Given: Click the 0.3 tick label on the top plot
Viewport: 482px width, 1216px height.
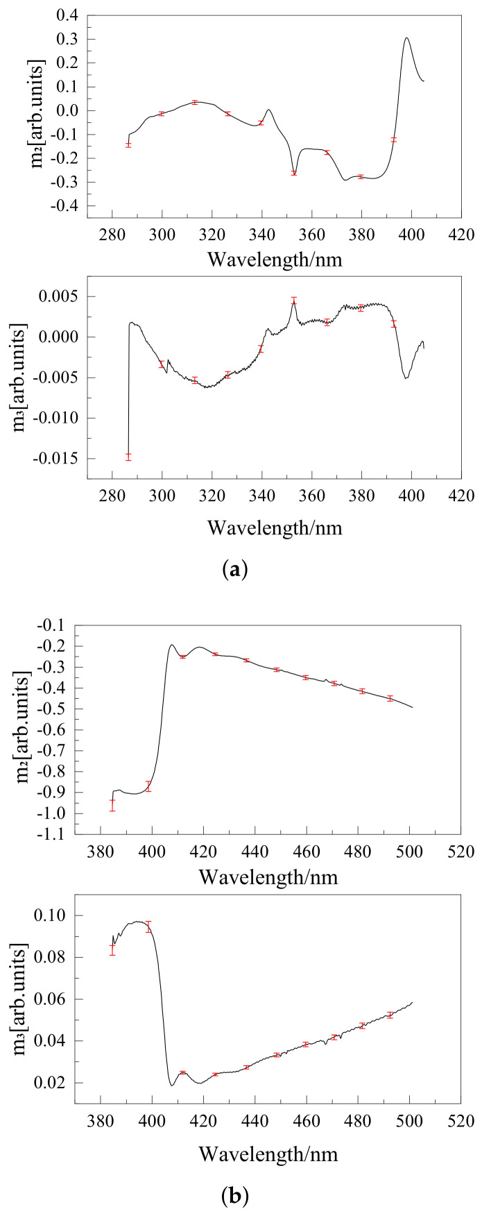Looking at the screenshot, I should coord(67,39).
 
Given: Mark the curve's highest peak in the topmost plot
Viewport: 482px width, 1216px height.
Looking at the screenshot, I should coord(406,38).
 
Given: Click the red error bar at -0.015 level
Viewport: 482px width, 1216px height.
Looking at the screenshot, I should coord(128,456).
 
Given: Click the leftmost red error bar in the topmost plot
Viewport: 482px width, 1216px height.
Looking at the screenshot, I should coord(128,144).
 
